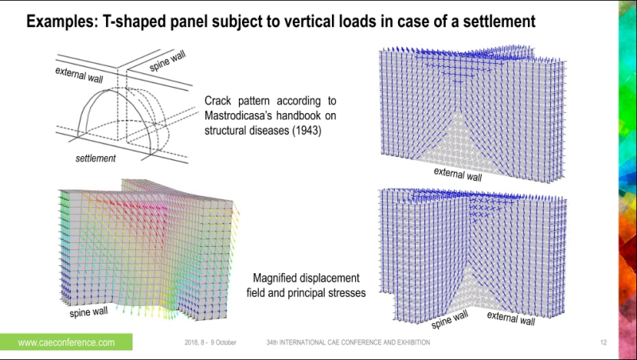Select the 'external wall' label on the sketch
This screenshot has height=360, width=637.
pos(80,76)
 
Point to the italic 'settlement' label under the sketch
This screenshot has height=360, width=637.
pos(96,158)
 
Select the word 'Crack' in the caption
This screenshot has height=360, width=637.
pos(220,101)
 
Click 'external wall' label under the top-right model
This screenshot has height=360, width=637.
pos(457,174)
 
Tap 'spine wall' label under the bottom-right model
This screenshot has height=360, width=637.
pos(450,320)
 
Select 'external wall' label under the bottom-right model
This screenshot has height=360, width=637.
pos(510,318)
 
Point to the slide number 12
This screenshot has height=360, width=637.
pos(604,342)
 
